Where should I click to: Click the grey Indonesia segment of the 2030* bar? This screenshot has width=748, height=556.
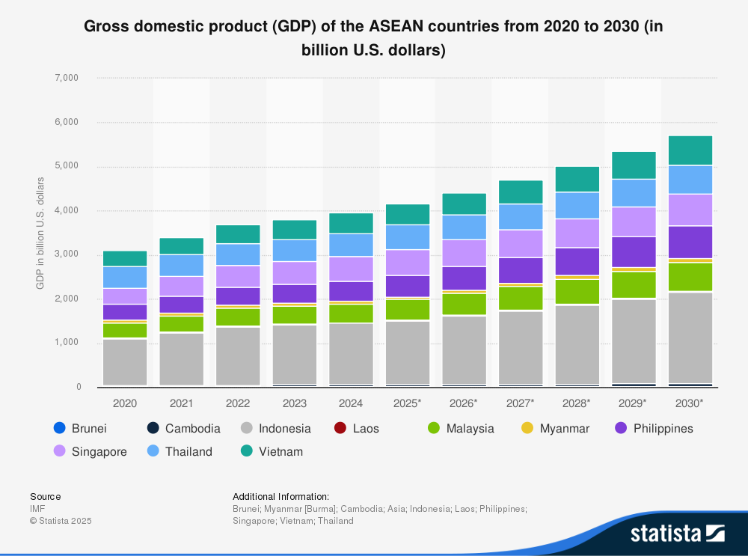[690, 337]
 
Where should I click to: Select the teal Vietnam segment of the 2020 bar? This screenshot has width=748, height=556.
[125, 259]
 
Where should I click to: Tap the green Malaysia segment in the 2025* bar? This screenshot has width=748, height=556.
[408, 310]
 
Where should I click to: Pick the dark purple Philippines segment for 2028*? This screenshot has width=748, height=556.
[577, 261]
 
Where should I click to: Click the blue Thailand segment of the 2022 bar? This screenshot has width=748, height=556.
[238, 254]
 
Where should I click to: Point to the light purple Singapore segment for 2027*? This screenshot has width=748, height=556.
[521, 243]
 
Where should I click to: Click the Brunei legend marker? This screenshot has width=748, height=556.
[60, 428]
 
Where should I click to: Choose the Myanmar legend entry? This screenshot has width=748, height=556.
[554, 428]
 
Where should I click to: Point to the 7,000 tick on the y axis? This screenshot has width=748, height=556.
[67, 78]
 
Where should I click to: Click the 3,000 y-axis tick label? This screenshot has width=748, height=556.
[67, 254]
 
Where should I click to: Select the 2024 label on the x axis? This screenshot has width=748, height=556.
[351, 403]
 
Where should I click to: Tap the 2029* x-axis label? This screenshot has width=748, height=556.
[633, 403]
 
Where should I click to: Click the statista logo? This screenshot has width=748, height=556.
[677, 533]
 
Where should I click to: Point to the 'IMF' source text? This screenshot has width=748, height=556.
[37, 508]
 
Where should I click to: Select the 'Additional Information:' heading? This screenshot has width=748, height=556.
[280, 496]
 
